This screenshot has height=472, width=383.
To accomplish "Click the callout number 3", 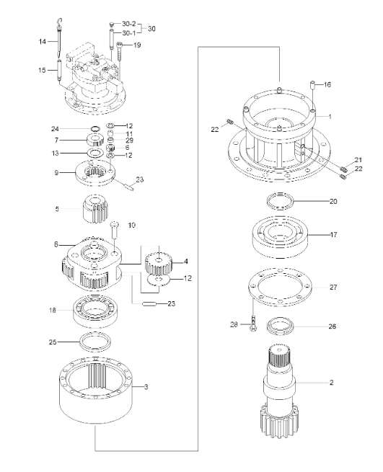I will point(146,388).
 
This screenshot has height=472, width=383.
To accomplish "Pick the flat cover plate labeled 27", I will point(281,291).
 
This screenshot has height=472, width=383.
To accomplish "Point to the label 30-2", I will point(129,24).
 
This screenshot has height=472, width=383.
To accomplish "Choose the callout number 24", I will point(56,130).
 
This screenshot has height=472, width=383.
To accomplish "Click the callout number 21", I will point(357,159).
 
